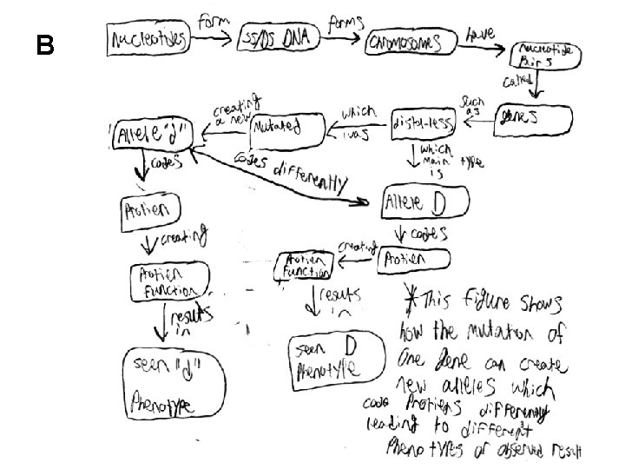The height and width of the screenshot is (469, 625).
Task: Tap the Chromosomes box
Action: coord(411,42)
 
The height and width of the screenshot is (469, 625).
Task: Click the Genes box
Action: coord(534,119)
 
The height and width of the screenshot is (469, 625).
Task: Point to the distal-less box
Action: coord(423,123)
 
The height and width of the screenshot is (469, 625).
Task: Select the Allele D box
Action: coord(424,203)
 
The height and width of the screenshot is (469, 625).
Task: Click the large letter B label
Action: coord(45,45)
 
